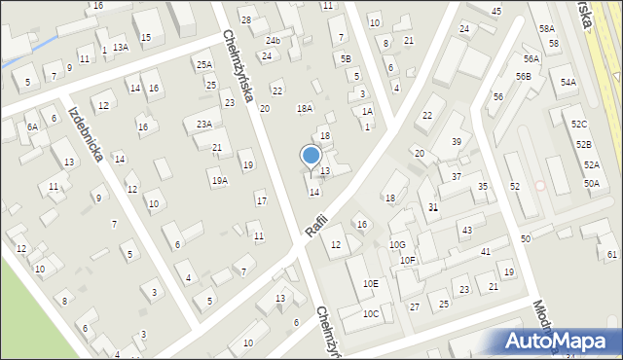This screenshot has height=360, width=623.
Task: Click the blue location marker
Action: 311,156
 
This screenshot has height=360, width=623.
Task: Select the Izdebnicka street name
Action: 86,132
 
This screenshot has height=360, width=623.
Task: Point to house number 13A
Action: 120,47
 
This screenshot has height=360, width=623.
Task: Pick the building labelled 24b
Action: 274,40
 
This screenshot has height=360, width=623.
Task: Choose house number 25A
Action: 203,65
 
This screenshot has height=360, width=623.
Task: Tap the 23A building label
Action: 204,124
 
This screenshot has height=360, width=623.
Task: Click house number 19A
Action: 220,180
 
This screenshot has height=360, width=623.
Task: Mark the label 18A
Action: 305,108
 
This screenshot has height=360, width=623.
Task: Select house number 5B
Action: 346,58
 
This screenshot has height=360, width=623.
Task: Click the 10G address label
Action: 397,244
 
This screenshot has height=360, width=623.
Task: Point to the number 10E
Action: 371,283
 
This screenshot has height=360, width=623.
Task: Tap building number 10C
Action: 371,313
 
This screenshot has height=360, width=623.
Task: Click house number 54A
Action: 568,83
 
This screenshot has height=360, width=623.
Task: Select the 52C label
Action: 580,125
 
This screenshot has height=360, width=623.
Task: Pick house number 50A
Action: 592,183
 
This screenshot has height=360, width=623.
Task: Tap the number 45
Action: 496,11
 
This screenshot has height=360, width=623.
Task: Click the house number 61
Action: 612,255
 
